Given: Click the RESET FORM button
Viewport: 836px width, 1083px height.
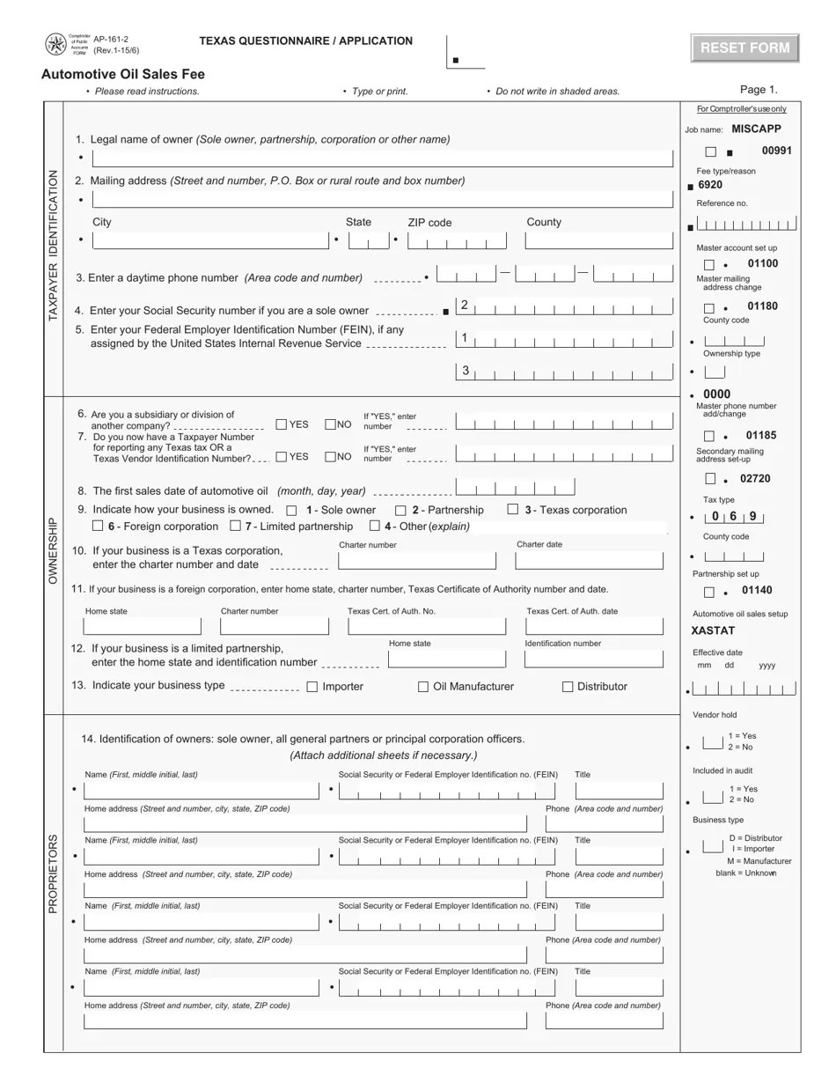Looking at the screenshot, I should click(x=744, y=48).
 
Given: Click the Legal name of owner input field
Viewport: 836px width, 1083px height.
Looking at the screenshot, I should click(x=382, y=158).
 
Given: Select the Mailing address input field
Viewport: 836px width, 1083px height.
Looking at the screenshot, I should click(x=382, y=199).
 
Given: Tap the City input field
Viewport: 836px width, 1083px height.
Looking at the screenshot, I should click(x=209, y=240).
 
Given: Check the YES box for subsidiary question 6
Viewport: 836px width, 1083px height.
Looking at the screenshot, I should click(x=282, y=424).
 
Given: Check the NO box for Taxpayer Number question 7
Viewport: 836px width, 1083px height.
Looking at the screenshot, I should click(x=330, y=456).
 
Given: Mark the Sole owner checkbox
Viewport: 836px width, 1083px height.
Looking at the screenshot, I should click(x=292, y=511).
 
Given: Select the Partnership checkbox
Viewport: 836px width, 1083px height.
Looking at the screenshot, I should click(x=400, y=511).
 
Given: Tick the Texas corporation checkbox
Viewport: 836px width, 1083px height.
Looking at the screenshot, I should click(x=512, y=510).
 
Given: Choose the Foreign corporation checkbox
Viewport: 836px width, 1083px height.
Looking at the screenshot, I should click(x=98, y=527).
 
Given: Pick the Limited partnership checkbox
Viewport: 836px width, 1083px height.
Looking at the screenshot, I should click(x=235, y=527).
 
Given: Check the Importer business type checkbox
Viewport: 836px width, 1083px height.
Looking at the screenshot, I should click(x=312, y=687).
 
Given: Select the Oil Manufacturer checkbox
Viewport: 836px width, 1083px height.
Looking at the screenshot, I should click(x=423, y=687).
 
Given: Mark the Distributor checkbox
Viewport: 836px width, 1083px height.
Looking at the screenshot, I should click(x=568, y=687).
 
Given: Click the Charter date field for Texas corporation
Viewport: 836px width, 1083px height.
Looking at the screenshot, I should click(x=589, y=561).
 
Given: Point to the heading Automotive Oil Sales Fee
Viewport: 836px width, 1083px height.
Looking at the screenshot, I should click(x=123, y=74).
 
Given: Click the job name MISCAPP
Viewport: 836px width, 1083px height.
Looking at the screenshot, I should click(x=756, y=129).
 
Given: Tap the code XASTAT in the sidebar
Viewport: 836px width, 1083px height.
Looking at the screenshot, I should click(x=713, y=630).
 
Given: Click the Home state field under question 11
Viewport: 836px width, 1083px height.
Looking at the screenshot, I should click(x=142, y=626).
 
